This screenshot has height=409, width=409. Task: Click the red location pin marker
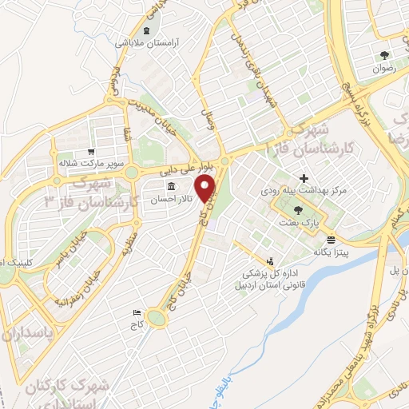[x=208, y=189]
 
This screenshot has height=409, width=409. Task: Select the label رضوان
[x=384, y=69]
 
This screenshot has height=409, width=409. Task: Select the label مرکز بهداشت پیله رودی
[x=296, y=193]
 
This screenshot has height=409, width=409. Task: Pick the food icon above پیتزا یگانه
[x=331, y=239]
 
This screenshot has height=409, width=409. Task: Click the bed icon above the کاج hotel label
[x=137, y=313]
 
